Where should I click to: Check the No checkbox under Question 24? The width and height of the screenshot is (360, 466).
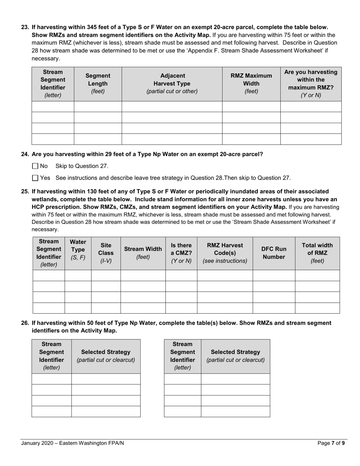35,166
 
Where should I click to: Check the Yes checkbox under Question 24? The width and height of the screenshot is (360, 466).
35,178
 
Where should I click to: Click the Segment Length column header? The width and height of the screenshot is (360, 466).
98,84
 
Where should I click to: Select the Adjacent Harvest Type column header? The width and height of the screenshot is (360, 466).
172,84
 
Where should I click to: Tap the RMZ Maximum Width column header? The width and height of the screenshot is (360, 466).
251,84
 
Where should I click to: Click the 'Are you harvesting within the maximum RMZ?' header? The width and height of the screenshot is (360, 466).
311,84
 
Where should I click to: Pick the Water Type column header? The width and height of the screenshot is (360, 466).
78,253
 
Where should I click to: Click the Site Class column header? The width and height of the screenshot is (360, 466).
106,253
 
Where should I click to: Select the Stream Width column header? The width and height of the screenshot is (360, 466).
143,253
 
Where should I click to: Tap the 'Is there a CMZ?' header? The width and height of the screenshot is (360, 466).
181,253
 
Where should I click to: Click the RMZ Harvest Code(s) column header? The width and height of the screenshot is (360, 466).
225,253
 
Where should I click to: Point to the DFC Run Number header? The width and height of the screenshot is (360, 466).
274,253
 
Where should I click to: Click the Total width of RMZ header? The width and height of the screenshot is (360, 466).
317,253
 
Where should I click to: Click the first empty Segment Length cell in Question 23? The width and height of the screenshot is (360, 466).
98,107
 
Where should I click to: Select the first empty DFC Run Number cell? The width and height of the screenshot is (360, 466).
274,275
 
